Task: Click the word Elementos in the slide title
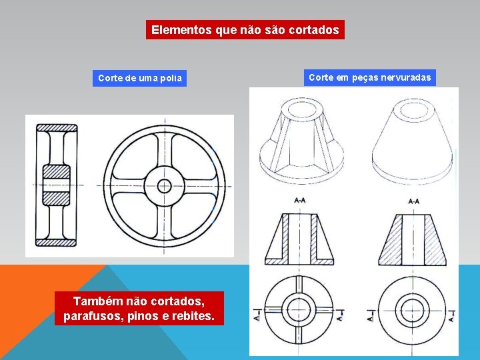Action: coord(181,30)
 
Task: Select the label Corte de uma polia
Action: coord(139,78)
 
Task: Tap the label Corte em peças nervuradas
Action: coord(370,78)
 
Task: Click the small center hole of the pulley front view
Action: coord(163,185)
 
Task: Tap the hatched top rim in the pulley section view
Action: coord(57,127)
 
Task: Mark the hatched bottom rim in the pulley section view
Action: coord(57,242)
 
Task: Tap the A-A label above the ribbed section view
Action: coord(300,200)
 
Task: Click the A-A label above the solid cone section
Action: coord(413,201)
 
